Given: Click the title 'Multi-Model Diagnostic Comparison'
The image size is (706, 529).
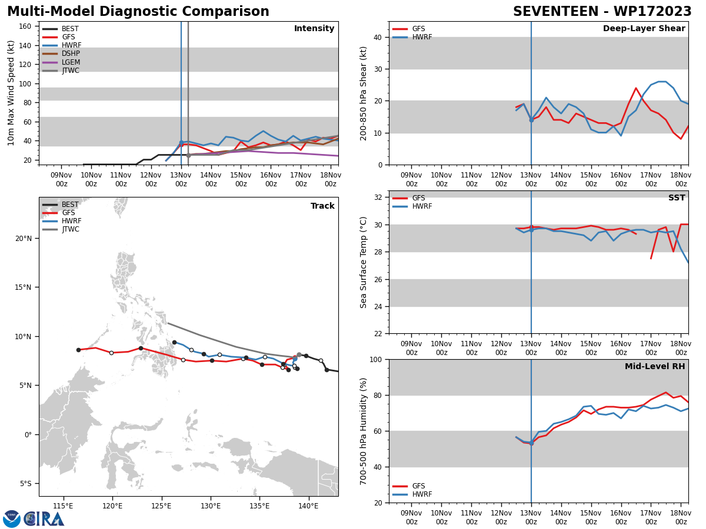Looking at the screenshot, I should click(x=138, y=12).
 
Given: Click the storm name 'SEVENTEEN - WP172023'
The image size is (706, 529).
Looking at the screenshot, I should click(x=602, y=12).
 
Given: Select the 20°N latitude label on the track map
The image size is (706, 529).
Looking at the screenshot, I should click(x=24, y=239).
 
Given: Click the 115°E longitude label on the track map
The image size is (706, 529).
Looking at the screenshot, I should click(x=63, y=505).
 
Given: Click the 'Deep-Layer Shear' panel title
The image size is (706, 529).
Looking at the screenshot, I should click(x=644, y=29).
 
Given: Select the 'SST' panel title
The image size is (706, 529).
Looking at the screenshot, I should click(x=677, y=198).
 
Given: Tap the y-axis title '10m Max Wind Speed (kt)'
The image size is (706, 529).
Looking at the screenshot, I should click(x=12, y=93).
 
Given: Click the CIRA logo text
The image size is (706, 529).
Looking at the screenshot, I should click(x=45, y=519).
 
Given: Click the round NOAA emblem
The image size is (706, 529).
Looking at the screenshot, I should click(x=12, y=519).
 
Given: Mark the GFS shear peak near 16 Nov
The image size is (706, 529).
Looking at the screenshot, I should click(x=635, y=88).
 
